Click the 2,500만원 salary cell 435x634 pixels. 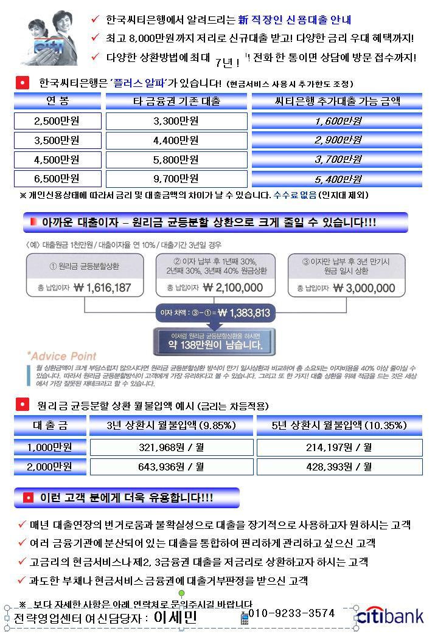point(57,121)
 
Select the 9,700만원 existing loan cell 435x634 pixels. point(176,179)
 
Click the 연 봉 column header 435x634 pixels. point(57,101)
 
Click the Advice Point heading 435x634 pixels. point(61,356)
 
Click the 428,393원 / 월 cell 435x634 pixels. point(339,467)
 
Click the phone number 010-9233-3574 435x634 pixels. point(291,613)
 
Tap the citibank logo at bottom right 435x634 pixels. point(390,616)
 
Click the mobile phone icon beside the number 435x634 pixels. point(245,618)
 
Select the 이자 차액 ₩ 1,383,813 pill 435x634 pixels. point(215,314)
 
